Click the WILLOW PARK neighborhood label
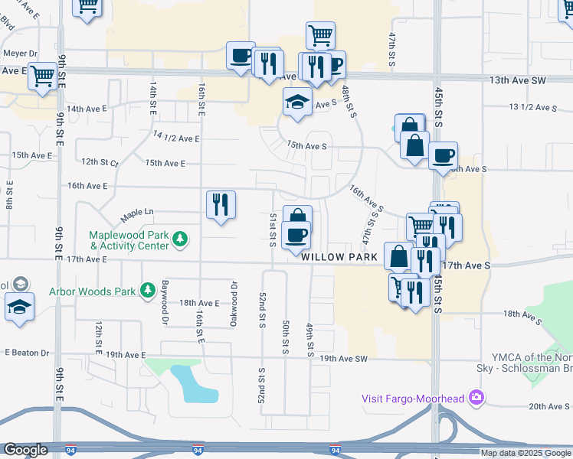tap(339, 258)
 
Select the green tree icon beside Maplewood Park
tap(180, 240)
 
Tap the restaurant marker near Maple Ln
tap(221, 204)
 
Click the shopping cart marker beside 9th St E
tap(44, 75)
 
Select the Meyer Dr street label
tap(21, 54)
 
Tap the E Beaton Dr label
tap(27, 353)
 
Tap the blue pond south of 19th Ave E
tap(192, 383)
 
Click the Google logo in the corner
tap(25, 450)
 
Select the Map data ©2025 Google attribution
tap(526, 453)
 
